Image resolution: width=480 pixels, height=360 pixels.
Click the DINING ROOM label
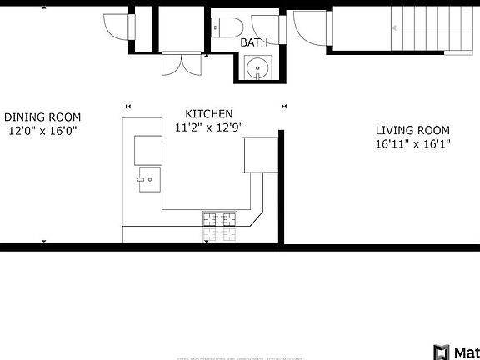click(42, 117)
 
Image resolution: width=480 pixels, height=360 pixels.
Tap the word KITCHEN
click(208, 114)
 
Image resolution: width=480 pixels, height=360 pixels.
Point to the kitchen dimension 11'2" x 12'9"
click(208, 127)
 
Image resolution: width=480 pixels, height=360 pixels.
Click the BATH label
click(253, 42)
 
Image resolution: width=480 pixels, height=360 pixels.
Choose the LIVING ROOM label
click(412, 130)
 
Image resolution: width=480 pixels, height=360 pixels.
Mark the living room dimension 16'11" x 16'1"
click(412, 143)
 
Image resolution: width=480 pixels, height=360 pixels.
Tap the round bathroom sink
click(257, 68)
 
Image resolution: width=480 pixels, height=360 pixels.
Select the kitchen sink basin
click(149, 178)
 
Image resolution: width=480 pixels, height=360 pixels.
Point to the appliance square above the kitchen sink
click(148, 149)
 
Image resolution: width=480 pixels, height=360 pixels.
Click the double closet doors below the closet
click(183, 63)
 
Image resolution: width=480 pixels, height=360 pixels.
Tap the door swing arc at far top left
click(117, 27)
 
